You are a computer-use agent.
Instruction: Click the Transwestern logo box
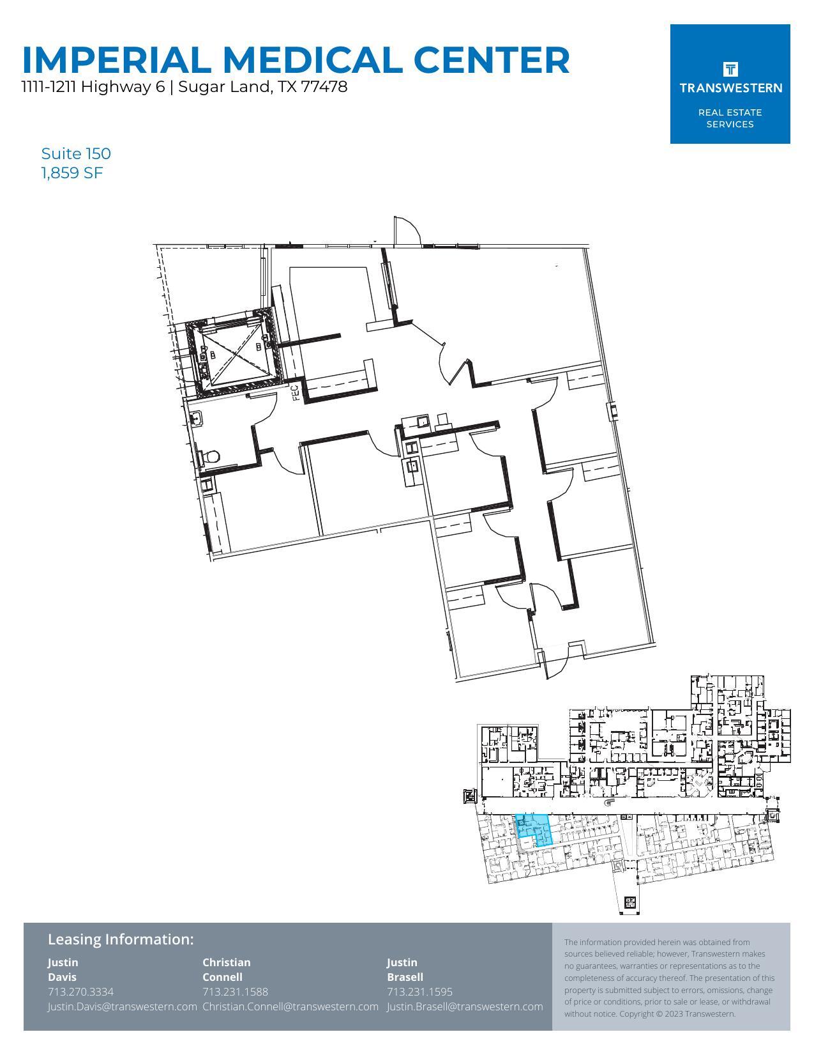click(730, 84)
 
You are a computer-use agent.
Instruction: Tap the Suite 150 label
click(76, 153)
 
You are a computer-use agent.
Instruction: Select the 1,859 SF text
click(72, 173)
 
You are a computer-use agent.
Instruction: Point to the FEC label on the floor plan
click(296, 392)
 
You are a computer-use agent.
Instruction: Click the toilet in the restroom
click(211, 457)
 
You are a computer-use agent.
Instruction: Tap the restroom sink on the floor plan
click(197, 419)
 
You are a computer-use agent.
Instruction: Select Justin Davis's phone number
click(80, 992)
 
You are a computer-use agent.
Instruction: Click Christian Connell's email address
click(290, 1006)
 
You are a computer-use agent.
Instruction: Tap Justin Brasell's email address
click(465, 1006)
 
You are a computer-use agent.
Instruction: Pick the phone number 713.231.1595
click(419, 992)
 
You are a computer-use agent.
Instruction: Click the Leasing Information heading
click(121, 939)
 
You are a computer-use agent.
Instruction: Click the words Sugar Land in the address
click(223, 87)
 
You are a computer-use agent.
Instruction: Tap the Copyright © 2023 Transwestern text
click(677, 1013)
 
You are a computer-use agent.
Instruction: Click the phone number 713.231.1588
click(235, 992)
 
